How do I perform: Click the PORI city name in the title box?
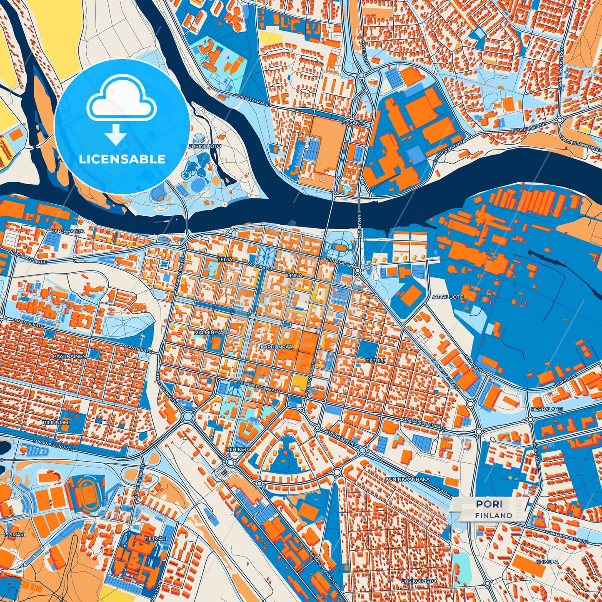click(489, 504)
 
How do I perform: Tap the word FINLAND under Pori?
click(493, 515)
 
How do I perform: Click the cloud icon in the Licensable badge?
click(121, 99)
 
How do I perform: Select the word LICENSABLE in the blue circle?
click(122, 159)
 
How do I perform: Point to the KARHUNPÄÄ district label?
click(277, 346)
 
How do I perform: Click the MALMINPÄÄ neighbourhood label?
click(210, 333)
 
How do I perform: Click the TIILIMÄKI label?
click(155, 539)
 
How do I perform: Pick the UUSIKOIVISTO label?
click(419, 581)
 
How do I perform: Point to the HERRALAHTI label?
click(547, 410)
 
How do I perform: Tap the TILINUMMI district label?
click(56, 422)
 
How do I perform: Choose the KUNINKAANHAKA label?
click(408, 479)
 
